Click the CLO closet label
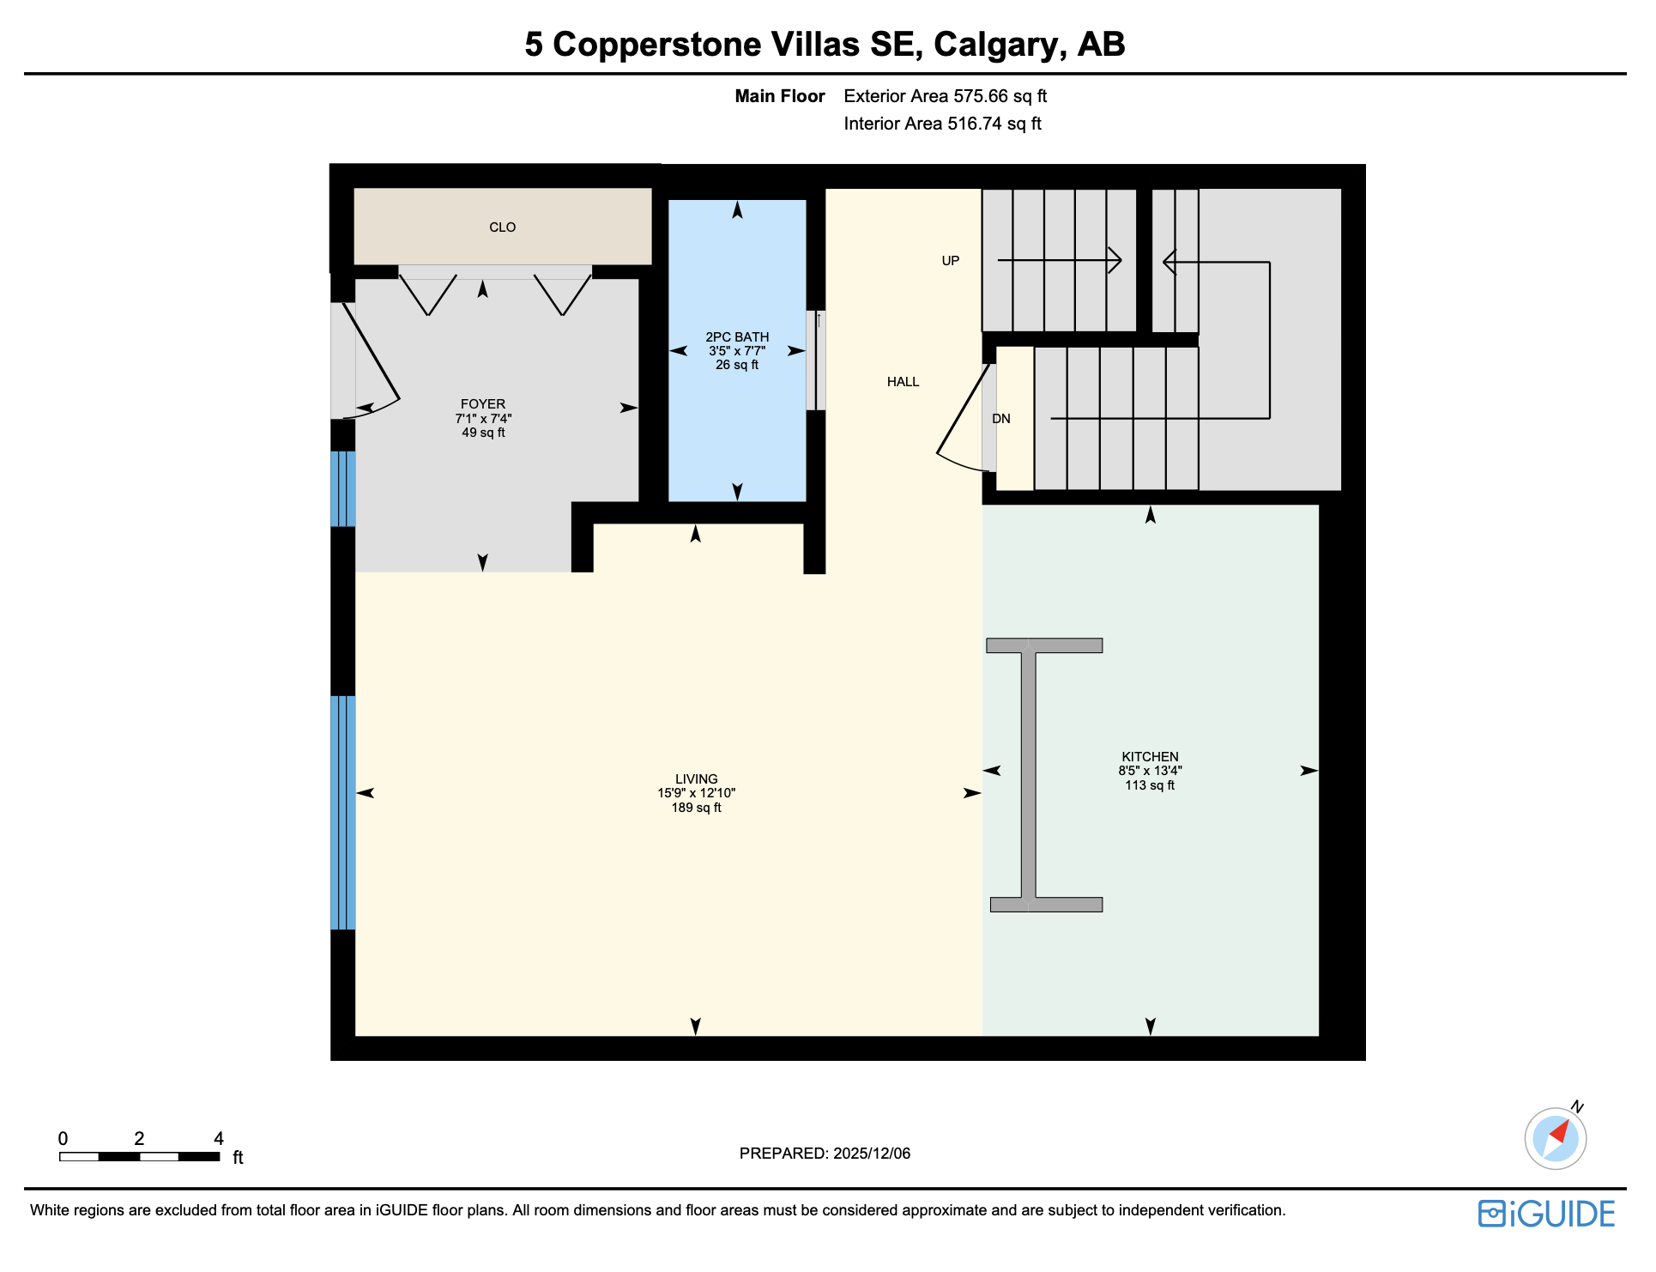tap(502, 227)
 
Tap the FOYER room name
tap(483, 404)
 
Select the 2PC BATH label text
tap(737, 337)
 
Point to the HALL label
tap(903, 382)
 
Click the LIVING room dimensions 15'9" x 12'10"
tap(696, 794)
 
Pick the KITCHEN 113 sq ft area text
tap(1150, 786)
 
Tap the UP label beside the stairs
tap(950, 261)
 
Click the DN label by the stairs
tap(1001, 419)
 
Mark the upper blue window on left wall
tap(343, 488)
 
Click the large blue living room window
tap(343, 813)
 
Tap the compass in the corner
tap(1555, 1139)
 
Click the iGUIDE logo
tap(1546, 1214)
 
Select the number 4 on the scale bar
tap(219, 1139)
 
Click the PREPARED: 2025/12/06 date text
tap(825, 1154)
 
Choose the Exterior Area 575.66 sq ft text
tap(945, 96)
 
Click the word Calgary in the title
tap(1000, 45)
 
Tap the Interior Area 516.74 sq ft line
tap(942, 124)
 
